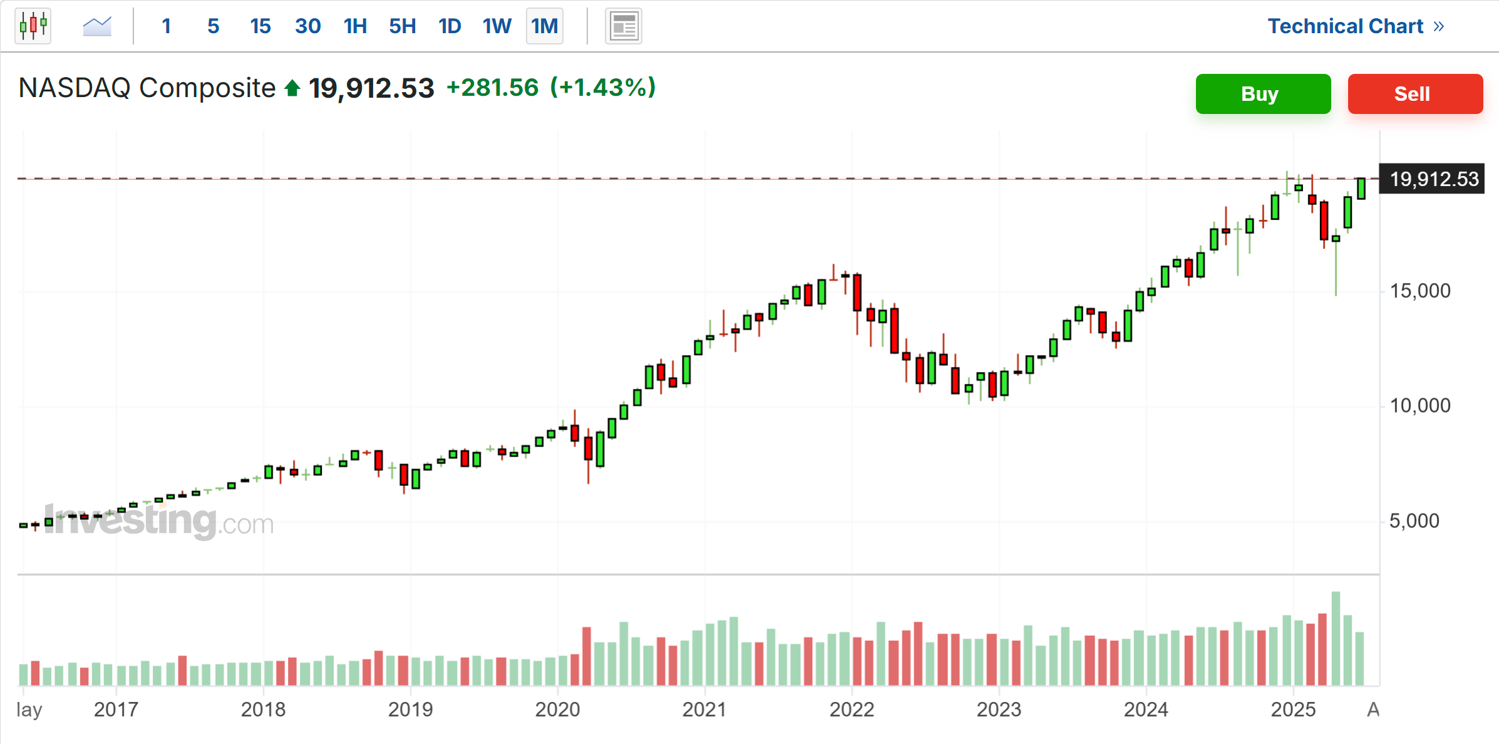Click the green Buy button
(1262, 94)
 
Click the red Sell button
(1414, 94)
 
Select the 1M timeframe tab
(544, 26)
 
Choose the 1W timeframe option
(497, 26)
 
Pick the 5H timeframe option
(402, 26)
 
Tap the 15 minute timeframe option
(260, 26)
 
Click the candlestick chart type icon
(33, 26)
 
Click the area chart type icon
(97, 26)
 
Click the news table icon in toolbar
(624, 26)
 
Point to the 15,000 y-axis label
(1419, 291)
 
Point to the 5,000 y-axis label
(1414, 520)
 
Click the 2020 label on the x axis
(557, 710)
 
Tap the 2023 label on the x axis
(999, 710)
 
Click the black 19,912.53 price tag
(1433, 179)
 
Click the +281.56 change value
(492, 88)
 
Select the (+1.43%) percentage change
(602, 88)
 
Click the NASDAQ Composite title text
(147, 88)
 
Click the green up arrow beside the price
(292, 88)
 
